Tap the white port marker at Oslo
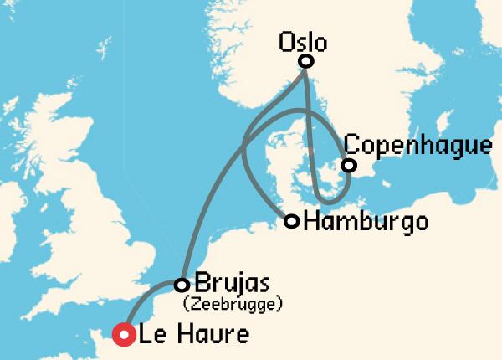coord(306,61)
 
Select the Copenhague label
coord(417,144)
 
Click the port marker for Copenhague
coord(349,165)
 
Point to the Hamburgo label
coord(366,222)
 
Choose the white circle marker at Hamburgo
coord(292,222)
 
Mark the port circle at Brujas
coord(182,285)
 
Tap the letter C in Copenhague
coord(352,144)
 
